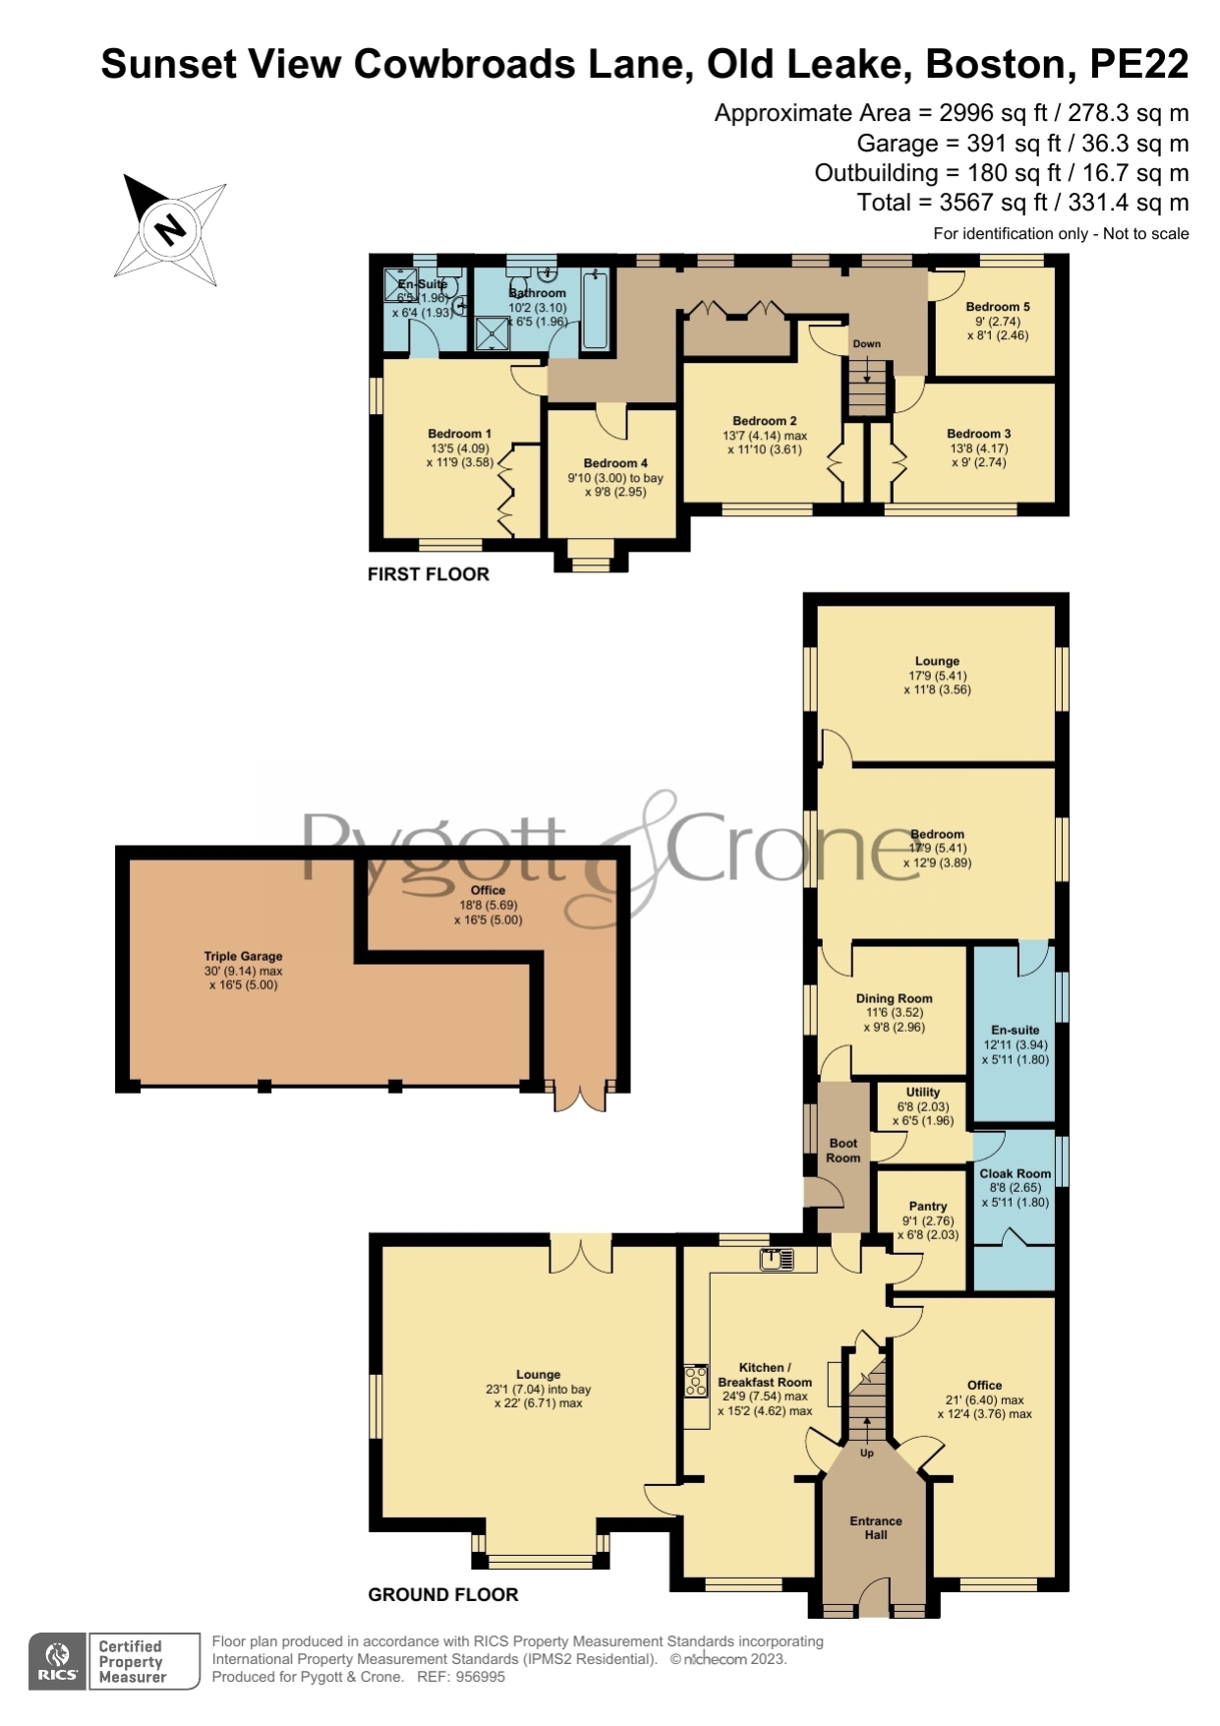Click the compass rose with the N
tap(170, 229)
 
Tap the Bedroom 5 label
tap(998, 307)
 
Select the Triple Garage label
tap(243, 956)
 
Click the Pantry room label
tap(927, 1206)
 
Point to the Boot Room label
tap(843, 1151)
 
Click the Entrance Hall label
tap(876, 1527)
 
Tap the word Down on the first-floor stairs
tap(867, 344)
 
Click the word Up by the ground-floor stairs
tap(867, 1453)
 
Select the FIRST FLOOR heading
tap(429, 574)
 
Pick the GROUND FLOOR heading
tap(443, 1594)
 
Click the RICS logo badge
tap(58, 1661)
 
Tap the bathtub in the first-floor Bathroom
tap(595, 310)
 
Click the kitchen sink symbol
tap(777, 1259)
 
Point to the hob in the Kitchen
tap(696, 1382)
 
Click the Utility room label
tap(923, 1092)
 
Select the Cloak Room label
tap(1016, 1173)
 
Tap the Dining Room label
tap(895, 998)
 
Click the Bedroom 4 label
tap(615, 463)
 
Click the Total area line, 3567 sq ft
tap(1022, 203)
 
